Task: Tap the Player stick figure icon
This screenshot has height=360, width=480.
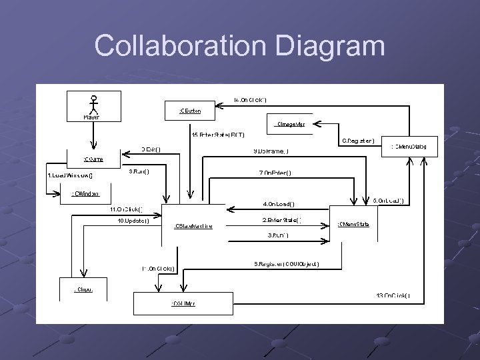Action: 94,105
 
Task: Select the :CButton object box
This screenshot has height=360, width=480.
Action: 190,110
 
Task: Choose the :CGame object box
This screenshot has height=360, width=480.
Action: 93,159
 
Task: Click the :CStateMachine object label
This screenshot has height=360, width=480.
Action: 193,226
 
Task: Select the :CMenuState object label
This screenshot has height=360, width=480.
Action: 353,224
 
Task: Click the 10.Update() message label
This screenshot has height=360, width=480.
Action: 133,219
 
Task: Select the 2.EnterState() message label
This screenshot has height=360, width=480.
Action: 281,219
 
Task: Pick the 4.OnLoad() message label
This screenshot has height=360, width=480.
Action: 279,203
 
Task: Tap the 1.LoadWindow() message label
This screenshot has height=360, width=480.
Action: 70,175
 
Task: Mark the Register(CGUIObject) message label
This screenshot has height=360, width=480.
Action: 287,263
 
